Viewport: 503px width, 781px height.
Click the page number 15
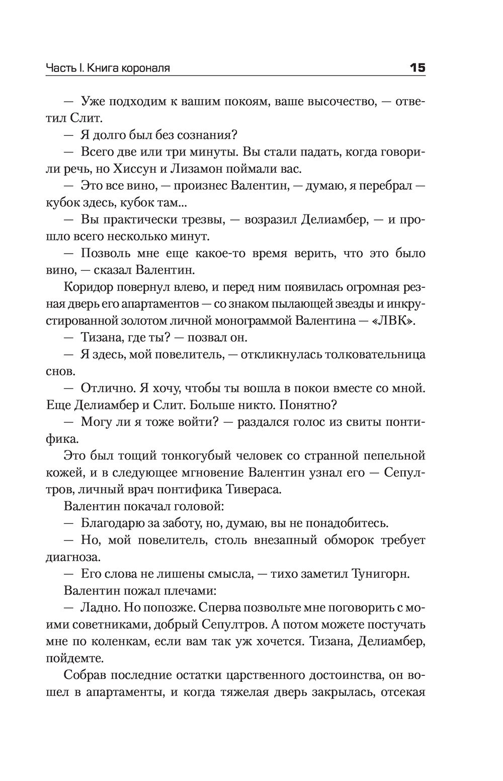coord(417,67)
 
